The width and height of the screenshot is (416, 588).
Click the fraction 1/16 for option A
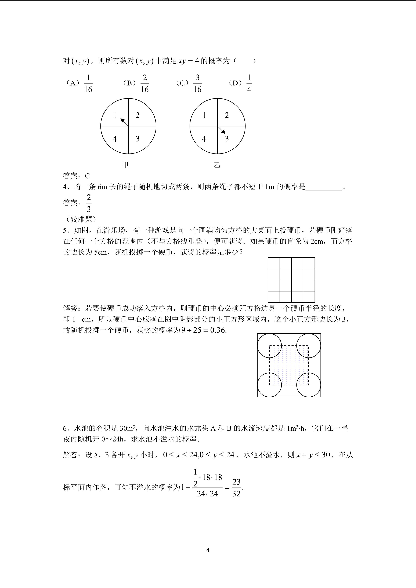pyautogui.click(x=88, y=83)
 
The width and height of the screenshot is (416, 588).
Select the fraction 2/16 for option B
pyautogui.click(x=145, y=83)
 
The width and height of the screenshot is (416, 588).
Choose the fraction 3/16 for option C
pyautogui.click(x=197, y=83)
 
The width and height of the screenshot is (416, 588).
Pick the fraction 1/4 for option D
pyautogui.click(x=249, y=83)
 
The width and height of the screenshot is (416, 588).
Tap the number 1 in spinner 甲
pyautogui.click(x=115, y=115)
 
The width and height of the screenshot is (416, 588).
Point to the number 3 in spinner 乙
pyautogui.click(x=227, y=139)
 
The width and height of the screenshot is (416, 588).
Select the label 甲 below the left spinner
pyautogui.click(x=125, y=165)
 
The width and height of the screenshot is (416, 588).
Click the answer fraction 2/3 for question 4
pyautogui.click(x=89, y=203)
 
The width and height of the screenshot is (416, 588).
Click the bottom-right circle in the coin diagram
pyautogui.click(x=309, y=385)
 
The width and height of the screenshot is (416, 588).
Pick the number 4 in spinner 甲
pyautogui.click(x=115, y=139)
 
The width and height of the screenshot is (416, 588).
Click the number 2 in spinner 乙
pyautogui.click(x=227, y=115)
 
